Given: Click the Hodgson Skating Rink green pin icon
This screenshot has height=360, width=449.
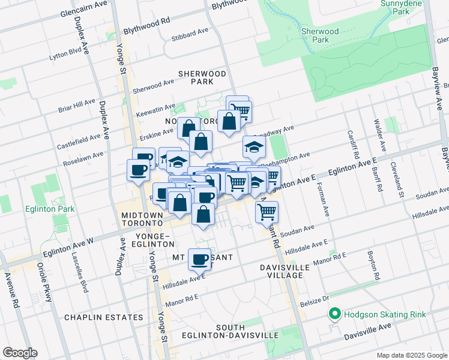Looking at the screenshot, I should point(334,314).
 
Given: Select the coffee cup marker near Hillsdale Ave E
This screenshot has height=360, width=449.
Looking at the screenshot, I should point(199,259).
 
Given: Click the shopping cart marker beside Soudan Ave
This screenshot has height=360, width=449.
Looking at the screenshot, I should point(267,211).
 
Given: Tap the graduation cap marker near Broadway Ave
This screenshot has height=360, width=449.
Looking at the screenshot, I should point(254,146).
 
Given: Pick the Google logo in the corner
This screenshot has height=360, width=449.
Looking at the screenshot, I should point(20,353).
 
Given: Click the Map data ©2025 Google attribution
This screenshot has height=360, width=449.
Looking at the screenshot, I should point(411,355).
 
